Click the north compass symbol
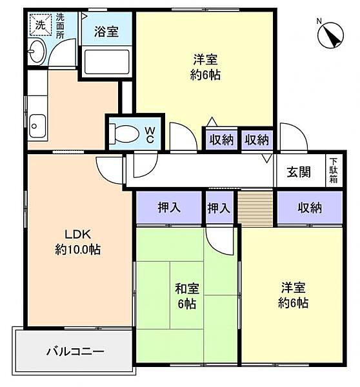tap(330, 35)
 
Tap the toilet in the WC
tap(124, 134)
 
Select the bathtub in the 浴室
tap(106, 62)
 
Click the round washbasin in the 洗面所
tap(37, 52)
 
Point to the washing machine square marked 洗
tap(40, 25)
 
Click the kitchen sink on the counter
tap(37, 126)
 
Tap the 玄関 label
tap(299, 172)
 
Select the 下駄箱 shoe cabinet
tap(334, 170)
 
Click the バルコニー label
tap(75, 352)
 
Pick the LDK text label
tap(77, 234)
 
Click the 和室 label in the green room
tap(187, 288)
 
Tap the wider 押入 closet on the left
tap(169, 207)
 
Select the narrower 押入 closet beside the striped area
tap(219, 207)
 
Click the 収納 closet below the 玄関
tap(310, 207)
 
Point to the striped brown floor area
tap(255, 208)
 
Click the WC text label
tap(150, 135)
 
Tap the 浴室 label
tap(106, 32)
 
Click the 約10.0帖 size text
tap(77, 250)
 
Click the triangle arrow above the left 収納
tap(212, 122)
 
